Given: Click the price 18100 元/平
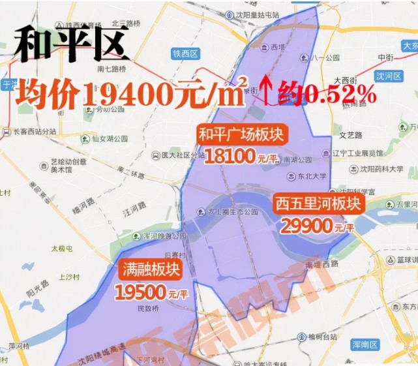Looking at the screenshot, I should tap(241, 157).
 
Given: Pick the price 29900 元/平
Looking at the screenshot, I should tap(317, 226).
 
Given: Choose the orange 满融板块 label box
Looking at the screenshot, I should tap(150, 269).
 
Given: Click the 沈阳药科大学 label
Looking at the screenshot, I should tap(378, 168).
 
